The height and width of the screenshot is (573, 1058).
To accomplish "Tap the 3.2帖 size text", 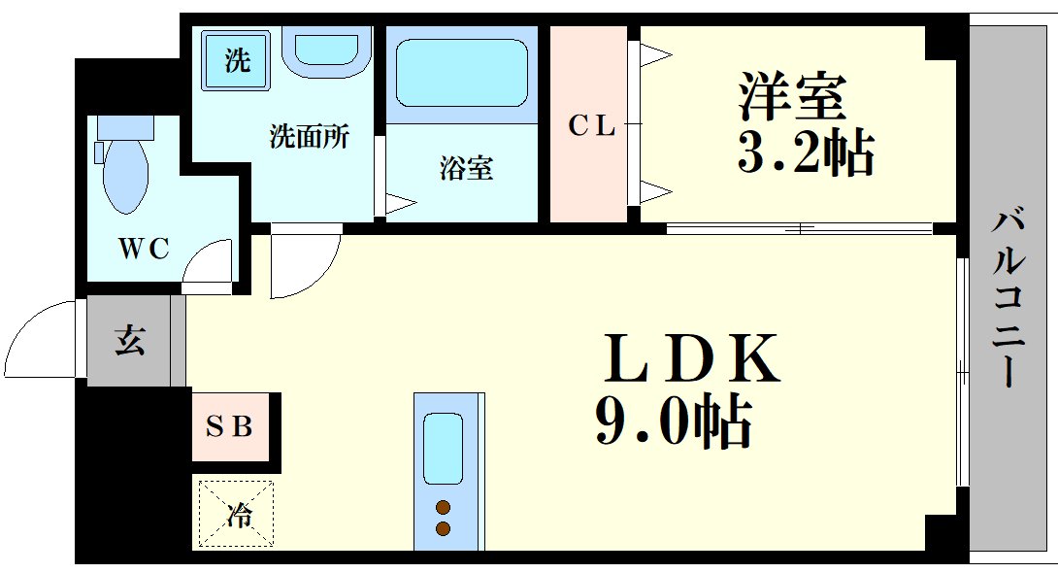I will [806, 152].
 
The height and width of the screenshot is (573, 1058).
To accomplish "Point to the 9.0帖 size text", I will [673, 422].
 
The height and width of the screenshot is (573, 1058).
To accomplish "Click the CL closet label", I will [591, 126].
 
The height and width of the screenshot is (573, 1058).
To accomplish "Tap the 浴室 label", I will [466, 169].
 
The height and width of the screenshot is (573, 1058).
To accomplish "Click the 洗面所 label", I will [309, 137].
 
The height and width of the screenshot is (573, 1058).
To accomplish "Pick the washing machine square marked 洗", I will [236, 60].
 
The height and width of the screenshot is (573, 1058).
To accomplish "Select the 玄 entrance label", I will [130, 341].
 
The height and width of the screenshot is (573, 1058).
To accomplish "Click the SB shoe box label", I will [233, 425].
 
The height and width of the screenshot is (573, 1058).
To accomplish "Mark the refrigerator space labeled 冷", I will [237, 515].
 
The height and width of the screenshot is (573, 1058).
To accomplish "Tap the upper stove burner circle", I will [444, 507].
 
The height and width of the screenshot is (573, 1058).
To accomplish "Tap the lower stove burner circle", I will [444, 528].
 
